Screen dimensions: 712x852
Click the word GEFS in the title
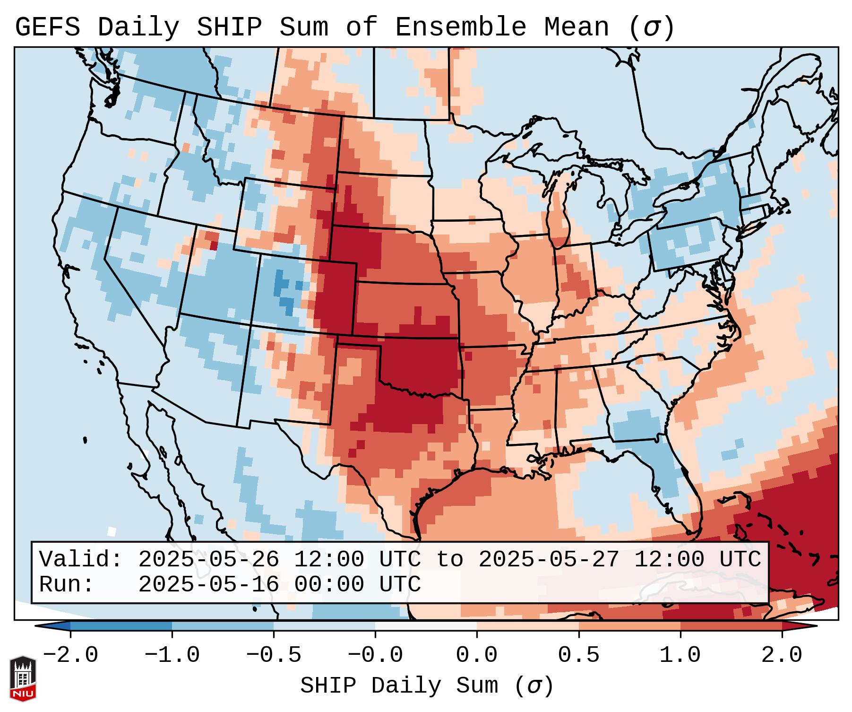pos(47,27)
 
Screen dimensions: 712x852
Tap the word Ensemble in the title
pos(460,27)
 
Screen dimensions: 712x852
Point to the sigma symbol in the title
pos(651,27)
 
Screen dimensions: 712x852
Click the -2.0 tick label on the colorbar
pos(70,655)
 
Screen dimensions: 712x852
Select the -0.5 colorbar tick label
pos(274,655)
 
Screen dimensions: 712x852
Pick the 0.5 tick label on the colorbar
pos(578,655)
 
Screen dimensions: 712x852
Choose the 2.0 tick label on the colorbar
pos(782,655)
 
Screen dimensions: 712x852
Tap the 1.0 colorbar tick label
pos(680,655)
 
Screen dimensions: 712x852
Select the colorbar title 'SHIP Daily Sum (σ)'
pos(426,686)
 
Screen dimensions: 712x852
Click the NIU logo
pos(23,678)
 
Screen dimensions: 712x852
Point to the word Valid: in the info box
pos(80,560)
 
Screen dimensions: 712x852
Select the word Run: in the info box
pos(66,585)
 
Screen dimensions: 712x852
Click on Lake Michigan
pos(559,213)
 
